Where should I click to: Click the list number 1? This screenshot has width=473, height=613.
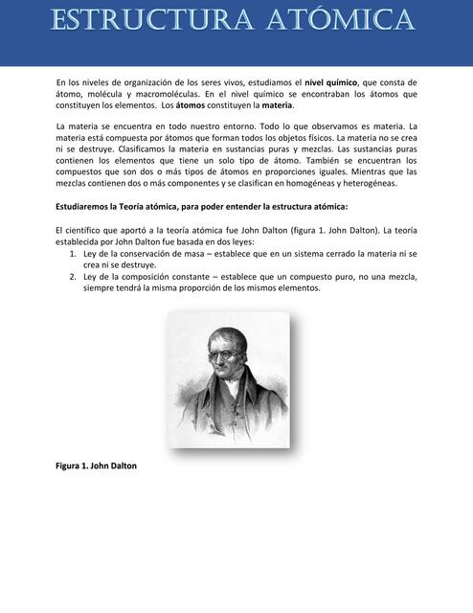74,254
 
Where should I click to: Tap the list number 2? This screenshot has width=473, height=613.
74,277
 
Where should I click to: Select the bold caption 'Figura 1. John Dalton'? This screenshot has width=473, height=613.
97,465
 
